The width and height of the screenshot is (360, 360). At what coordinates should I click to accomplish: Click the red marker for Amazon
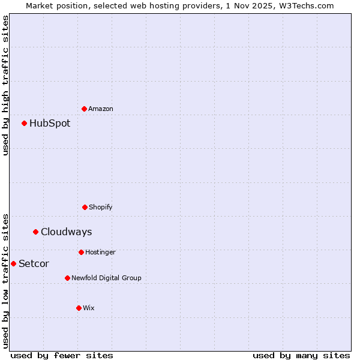click(x=85, y=109)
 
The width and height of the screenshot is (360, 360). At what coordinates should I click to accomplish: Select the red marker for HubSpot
click(x=25, y=123)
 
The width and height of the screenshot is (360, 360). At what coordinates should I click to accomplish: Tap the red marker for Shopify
click(x=85, y=207)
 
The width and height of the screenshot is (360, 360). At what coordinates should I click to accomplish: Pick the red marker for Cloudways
click(x=36, y=232)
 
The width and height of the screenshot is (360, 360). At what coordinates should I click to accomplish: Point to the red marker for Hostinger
click(x=81, y=252)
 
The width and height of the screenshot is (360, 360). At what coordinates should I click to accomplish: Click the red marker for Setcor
click(x=13, y=263)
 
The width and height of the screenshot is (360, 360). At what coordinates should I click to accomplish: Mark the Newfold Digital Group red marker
click(x=67, y=278)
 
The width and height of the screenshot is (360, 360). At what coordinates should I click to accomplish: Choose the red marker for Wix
click(x=79, y=308)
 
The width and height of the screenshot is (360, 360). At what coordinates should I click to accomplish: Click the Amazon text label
click(x=101, y=109)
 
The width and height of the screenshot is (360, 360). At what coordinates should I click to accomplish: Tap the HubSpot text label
click(x=50, y=123)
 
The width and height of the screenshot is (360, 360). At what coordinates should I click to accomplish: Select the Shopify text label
click(x=101, y=207)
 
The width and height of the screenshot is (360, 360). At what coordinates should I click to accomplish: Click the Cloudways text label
click(x=67, y=232)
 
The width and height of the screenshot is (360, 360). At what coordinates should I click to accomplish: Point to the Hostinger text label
click(x=100, y=252)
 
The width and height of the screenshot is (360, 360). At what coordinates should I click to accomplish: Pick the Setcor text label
click(x=34, y=263)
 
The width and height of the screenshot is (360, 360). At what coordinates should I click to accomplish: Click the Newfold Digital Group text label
click(x=106, y=278)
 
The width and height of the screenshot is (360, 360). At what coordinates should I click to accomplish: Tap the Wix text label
click(x=89, y=308)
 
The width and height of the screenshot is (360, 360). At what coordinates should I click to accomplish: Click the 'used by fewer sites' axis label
click(x=62, y=355)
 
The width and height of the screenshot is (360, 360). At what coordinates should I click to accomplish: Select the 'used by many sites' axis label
click(x=301, y=355)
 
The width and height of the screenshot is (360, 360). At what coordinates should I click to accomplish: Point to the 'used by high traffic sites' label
click(x=5, y=85)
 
